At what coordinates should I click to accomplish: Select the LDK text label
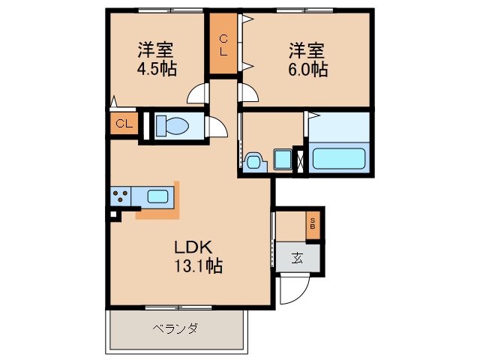click(x=195, y=247)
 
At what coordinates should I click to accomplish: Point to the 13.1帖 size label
click(x=198, y=265)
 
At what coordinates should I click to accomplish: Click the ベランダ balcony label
click(x=175, y=328)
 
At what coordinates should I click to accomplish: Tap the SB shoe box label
click(x=313, y=223)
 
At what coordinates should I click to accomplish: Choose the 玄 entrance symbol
click(x=297, y=259)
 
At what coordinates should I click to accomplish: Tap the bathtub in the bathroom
click(x=338, y=158)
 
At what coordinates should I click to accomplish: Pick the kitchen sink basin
click(x=157, y=196)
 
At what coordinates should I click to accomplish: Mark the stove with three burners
click(x=120, y=196)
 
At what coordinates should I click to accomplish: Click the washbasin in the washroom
click(x=253, y=160)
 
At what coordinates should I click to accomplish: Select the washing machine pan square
click(x=283, y=160)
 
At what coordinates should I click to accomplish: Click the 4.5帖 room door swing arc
click(x=196, y=94)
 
